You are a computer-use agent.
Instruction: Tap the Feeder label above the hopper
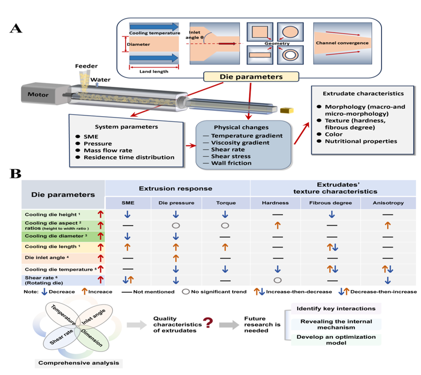click(87, 66)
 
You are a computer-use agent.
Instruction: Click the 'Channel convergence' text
click(341, 43)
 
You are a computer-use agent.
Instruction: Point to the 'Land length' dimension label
click(154, 71)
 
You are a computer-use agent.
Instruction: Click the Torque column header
click(225, 203)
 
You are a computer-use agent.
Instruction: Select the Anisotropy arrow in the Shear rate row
click(387, 281)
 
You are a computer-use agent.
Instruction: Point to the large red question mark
click(208, 324)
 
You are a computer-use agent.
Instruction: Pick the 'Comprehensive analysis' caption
click(78, 363)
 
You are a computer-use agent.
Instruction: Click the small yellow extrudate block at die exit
click(286, 111)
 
